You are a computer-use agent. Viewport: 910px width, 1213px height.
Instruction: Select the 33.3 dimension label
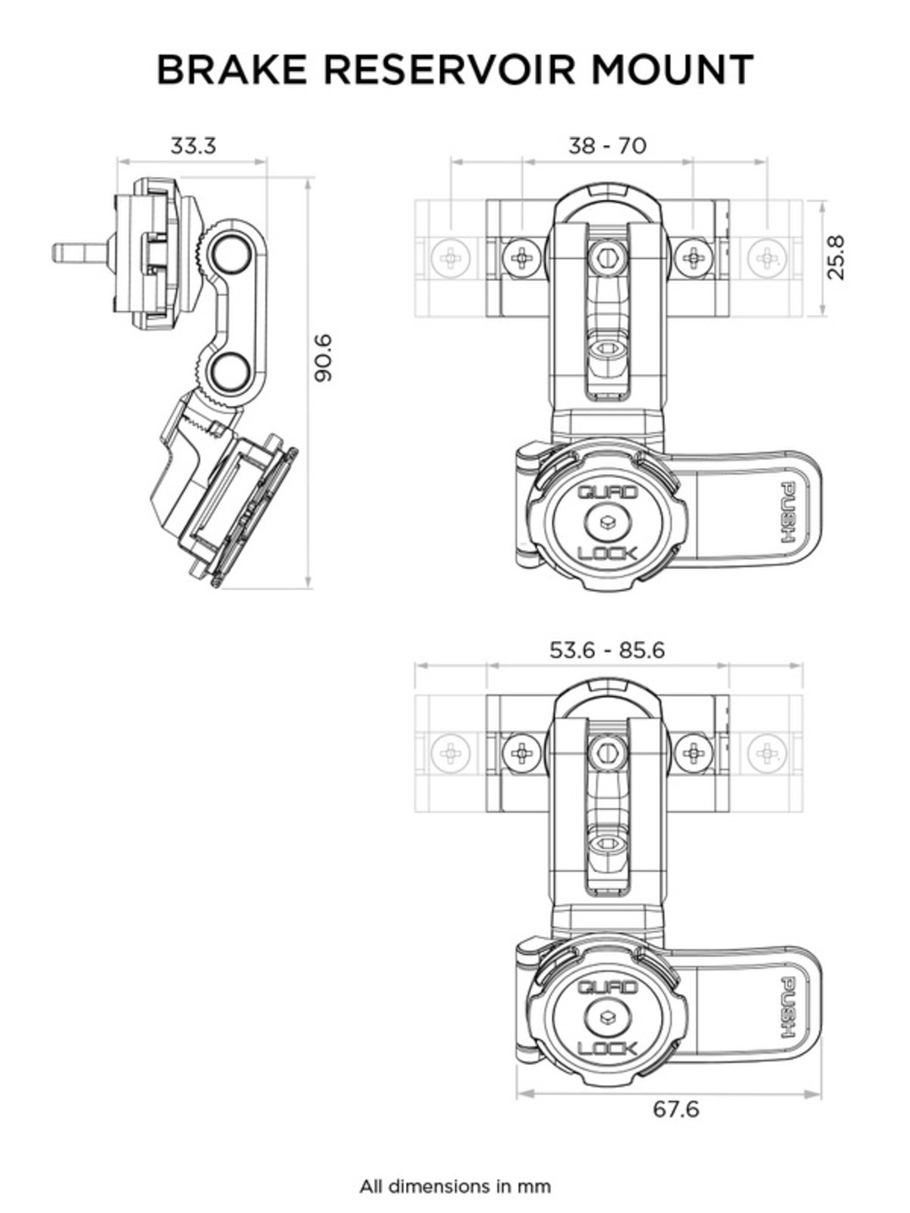click(x=193, y=146)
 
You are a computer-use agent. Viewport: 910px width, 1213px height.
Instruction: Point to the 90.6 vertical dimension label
click(x=325, y=357)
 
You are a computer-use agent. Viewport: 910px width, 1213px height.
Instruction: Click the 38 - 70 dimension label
click(x=607, y=146)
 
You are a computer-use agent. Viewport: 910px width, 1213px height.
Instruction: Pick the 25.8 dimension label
click(x=836, y=257)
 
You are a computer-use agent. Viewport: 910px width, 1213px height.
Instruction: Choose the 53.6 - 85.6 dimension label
click(x=607, y=650)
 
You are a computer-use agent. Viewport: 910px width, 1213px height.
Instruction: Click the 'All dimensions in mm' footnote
click(x=455, y=1186)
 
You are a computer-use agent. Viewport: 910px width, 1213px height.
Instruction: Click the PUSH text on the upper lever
click(x=788, y=514)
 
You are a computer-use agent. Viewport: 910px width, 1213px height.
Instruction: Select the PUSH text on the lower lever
click(x=788, y=1009)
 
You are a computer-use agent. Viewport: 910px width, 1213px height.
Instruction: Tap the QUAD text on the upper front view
click(x=607, y=493)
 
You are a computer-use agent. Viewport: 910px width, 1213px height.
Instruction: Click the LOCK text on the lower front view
click(x=607, y=1048)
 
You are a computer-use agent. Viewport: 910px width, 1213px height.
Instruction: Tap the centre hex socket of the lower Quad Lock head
click(x=607, y=1017)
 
